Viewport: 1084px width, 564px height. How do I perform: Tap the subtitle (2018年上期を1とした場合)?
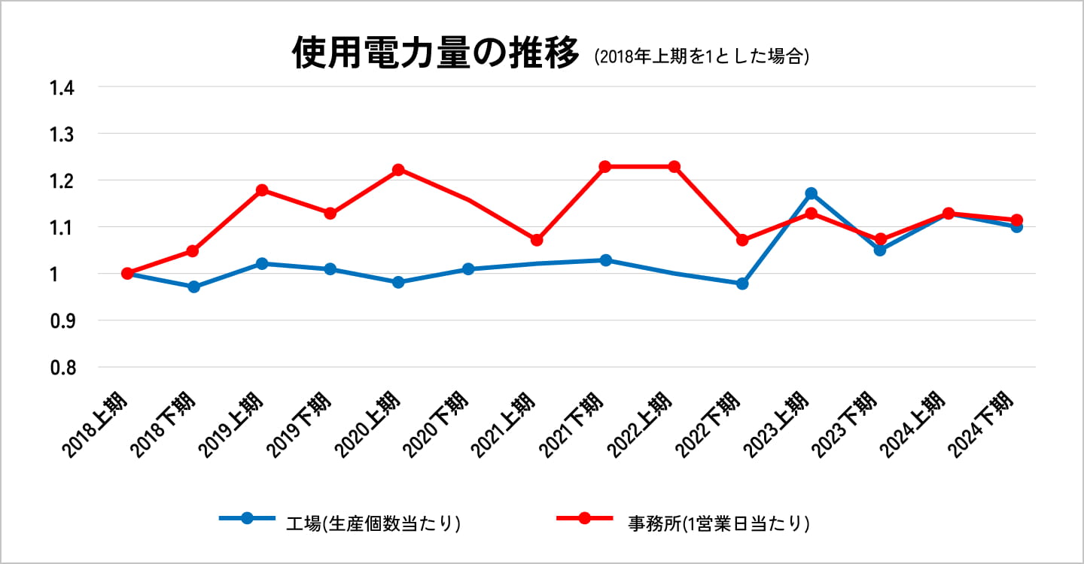click(x=701, y=57)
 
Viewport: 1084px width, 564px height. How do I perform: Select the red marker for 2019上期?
click(x=262, y=190)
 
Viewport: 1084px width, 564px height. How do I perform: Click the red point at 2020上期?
click(x=398, y=170)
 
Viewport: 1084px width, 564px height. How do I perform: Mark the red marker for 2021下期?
click(x=604, y=167)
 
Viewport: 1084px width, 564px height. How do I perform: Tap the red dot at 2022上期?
click(x=674, y=167)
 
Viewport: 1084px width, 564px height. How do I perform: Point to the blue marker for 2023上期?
click(x=811, y=194)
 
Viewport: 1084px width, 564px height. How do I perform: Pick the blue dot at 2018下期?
click(x=193, y=287)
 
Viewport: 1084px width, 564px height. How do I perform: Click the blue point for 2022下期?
click(x=742, y=284)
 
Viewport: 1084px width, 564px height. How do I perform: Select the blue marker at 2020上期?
click(x=398, y=282)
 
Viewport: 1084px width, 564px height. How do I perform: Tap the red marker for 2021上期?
click(x=537, y=240)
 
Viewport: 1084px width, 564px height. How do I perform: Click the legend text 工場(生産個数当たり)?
click(x=373, y=523)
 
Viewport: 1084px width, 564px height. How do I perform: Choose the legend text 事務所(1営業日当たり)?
click(x=718, y=523)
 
